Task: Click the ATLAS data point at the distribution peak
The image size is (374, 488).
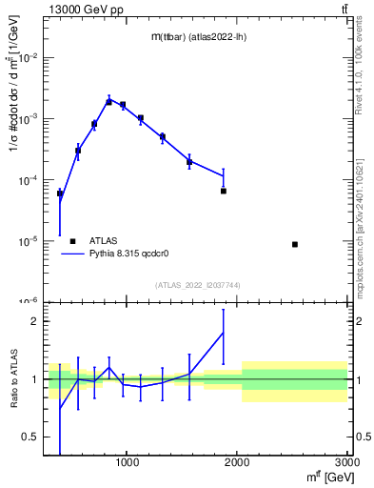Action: tap(109, 101)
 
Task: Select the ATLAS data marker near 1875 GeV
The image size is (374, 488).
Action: tap(224, 191)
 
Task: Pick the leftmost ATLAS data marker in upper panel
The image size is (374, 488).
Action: tap(60, 193)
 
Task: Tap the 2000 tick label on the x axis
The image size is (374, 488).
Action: tap(238, 463)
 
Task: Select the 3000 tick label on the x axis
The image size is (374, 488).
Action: tap(346, 463)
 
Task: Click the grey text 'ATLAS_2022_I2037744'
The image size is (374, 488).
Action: tap(198, 286)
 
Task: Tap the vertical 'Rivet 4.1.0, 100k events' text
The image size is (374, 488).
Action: tap(365, 76)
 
